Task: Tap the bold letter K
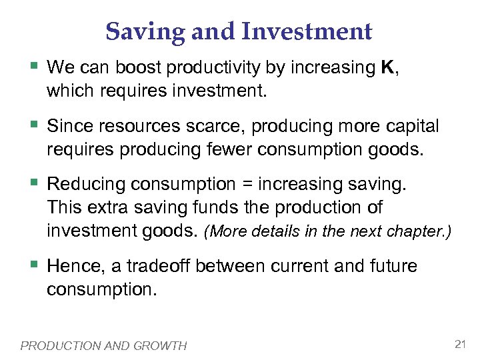tap(387, 67)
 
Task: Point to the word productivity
tap(204, 67)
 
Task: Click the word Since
tap(69, 126)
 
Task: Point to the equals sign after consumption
tap(245, 184)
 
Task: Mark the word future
tap(393, 267)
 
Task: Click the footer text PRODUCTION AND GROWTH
tap(104, 345)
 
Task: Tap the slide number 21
tap(459, 344)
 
